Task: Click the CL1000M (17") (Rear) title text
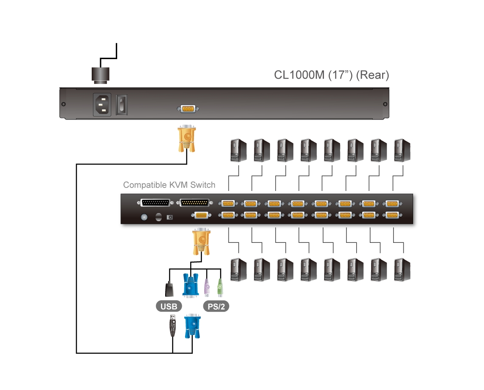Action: point(332,75)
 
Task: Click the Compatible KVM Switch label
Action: point(169,185)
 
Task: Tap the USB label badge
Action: point(169,306)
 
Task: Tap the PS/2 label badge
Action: point(216,306)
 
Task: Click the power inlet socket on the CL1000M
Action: point(102,105)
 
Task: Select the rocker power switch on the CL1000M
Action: point(122,104)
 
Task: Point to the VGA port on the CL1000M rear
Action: point(187,109)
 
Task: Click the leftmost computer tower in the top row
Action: point(238,151)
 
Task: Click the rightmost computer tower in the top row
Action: point(402,151)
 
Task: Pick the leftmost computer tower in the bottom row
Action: point(238,270)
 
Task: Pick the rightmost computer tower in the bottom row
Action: point(402,270)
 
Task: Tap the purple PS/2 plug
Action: point(207,288)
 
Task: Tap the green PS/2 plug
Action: point(220,288)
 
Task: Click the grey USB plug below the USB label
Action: point(172,326)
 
